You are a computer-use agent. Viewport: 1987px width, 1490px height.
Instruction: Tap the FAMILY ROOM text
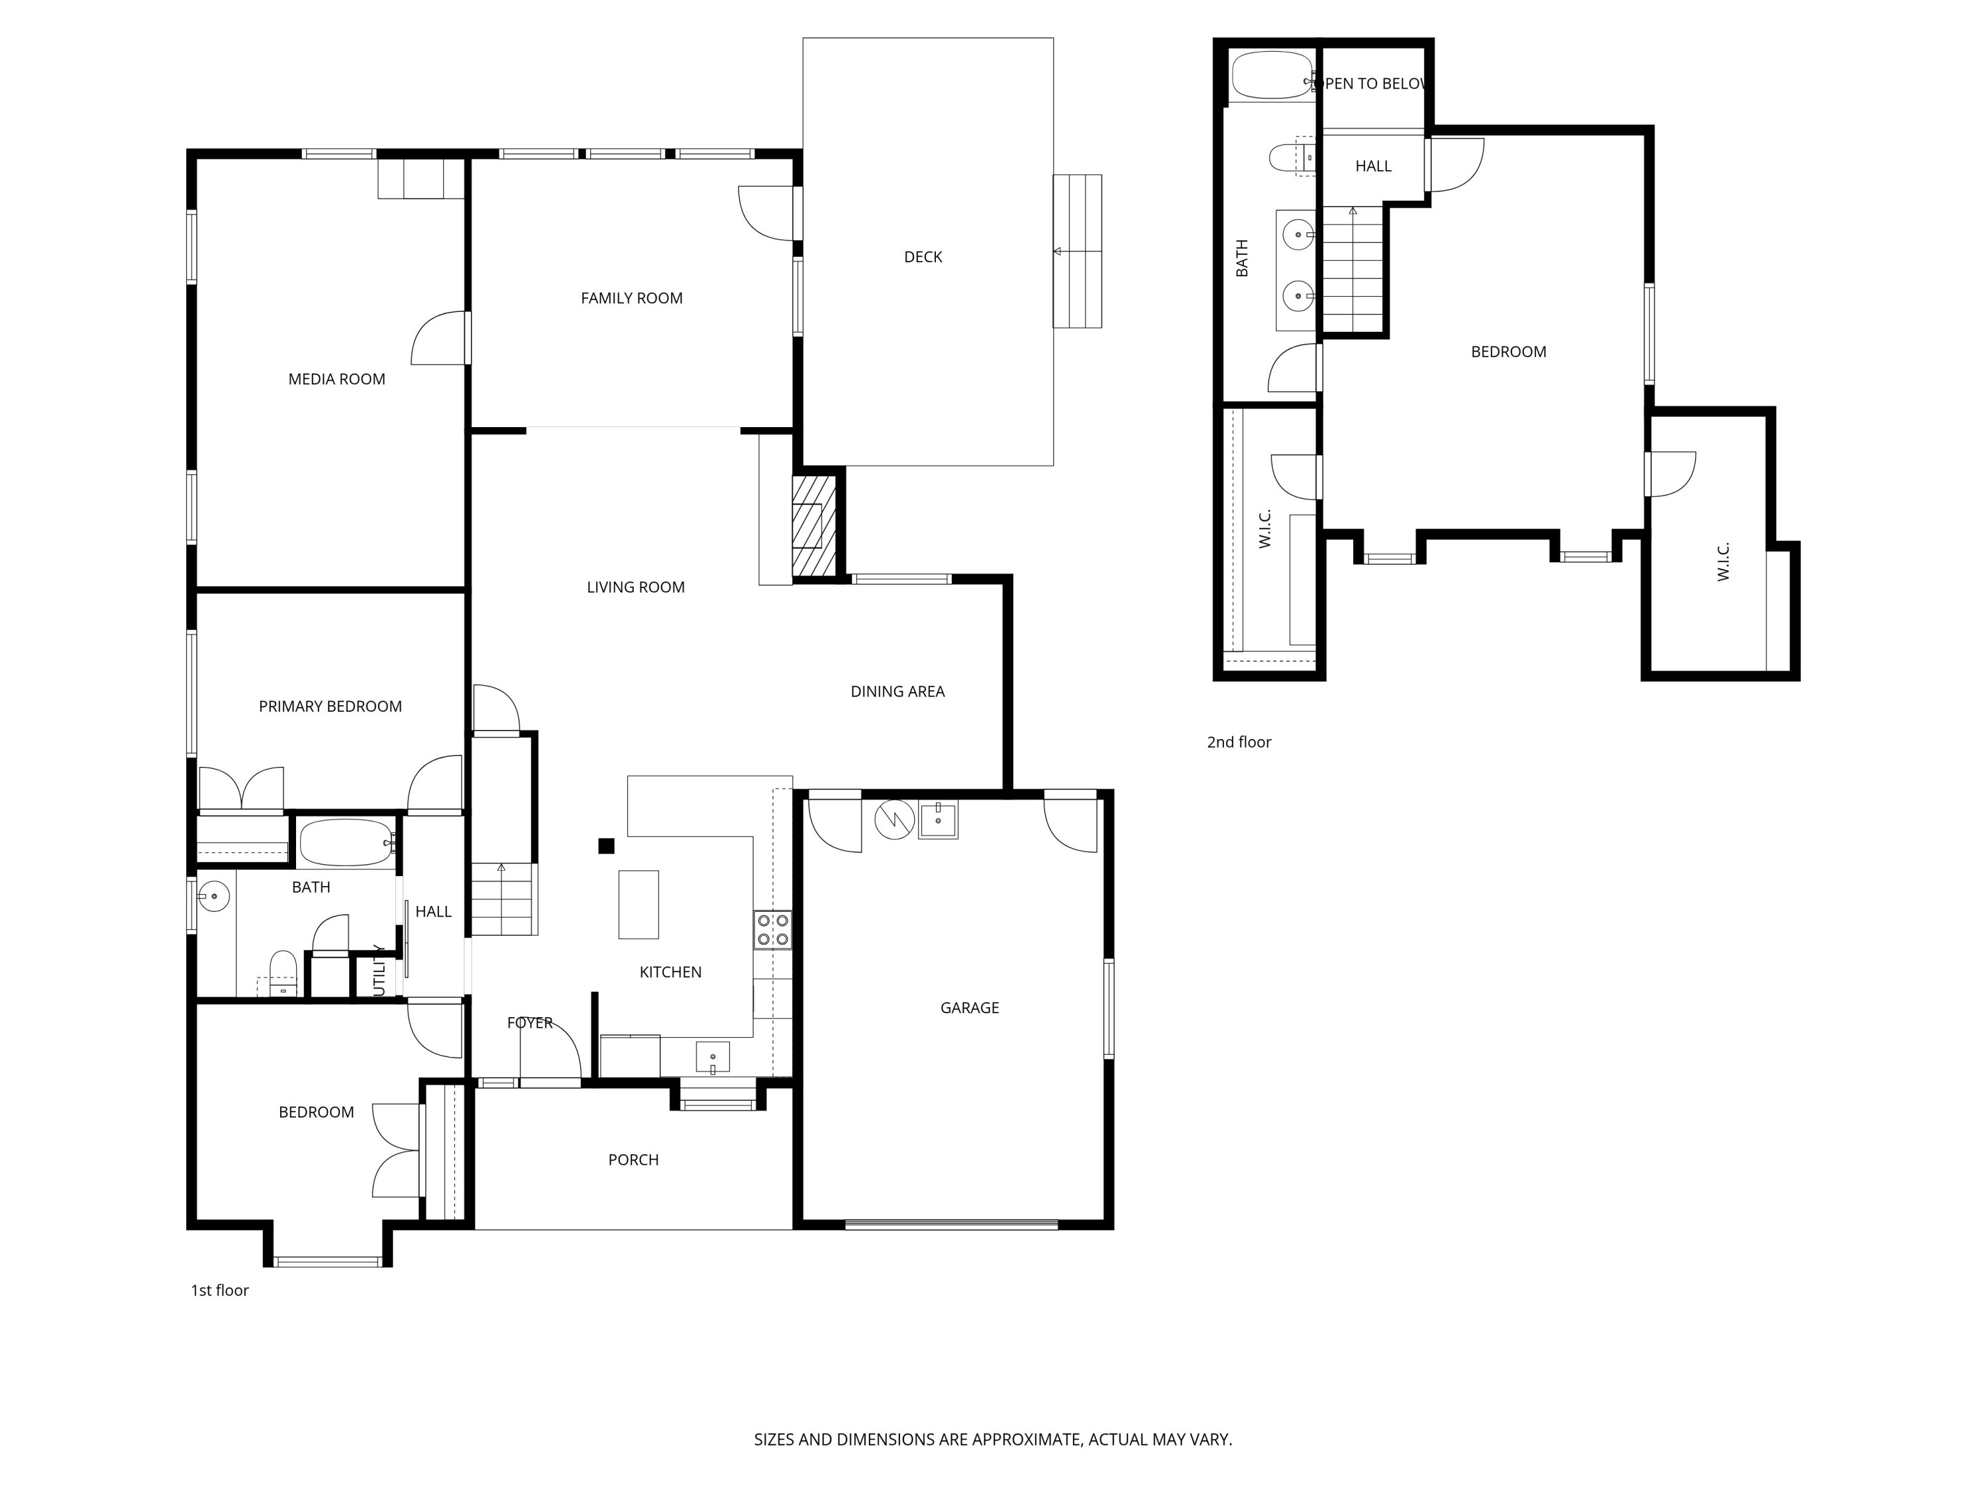click(631, 298)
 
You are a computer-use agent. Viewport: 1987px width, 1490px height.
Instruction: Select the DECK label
click(923, 257)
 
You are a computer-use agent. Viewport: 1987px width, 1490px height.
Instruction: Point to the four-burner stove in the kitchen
click(772, 930)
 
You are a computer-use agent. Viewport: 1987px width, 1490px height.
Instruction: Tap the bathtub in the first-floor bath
click(346, 842)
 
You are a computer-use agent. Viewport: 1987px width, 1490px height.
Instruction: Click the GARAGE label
click(969, 1008)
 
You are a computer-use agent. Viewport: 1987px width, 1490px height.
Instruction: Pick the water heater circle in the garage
click(893, 820)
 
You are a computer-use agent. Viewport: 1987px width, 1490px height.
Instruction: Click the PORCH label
click(633, 1160)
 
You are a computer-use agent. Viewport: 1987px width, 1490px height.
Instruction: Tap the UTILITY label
click(379, 970)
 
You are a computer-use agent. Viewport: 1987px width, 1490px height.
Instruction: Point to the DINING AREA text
click(897, 691)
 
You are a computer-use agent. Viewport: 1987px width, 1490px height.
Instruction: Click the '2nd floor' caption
click(1238, 742)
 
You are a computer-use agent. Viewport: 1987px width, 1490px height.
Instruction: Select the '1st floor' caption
click(219, 1290)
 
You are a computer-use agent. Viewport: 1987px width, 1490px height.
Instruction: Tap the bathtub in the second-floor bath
click(1270, 75)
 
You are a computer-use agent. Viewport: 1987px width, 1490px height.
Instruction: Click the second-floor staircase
click(1352, 270)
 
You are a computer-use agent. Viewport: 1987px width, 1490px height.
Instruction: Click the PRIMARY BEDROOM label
click(330, 706)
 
